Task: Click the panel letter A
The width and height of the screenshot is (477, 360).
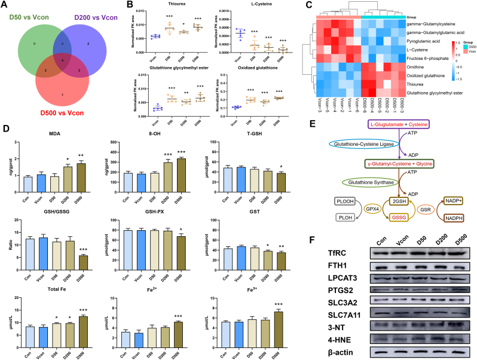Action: click(5, 5)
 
